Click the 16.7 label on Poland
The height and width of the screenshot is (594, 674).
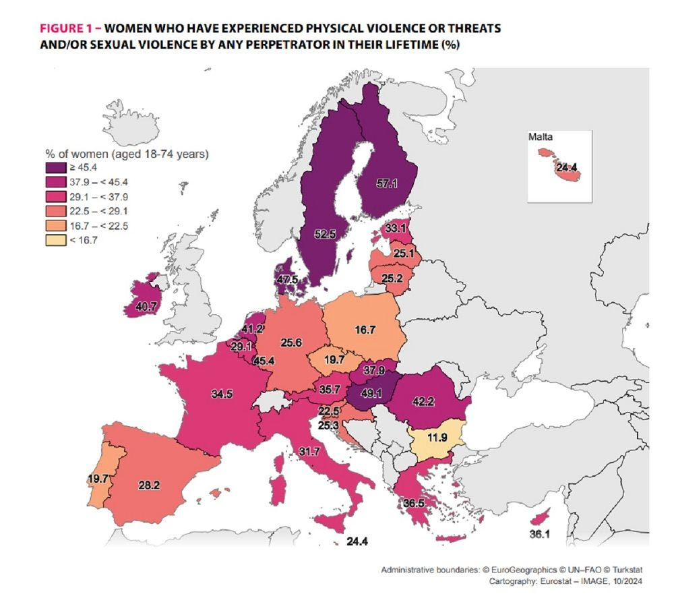pyautogui.click(x=364, y=329)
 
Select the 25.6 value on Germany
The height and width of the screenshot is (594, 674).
pyautogui.click(x=291, y=343)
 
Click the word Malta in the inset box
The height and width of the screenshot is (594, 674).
pyautogui.click(x=541, y=138)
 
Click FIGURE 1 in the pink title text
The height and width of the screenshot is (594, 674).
pyautogui.click(x=70, y=30)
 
